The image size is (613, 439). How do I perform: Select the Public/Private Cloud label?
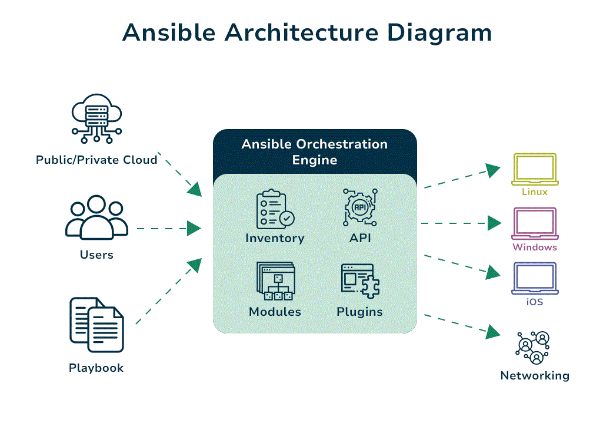pyautogui.click(x=96, y=160)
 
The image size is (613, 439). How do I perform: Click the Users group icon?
pyautogui.click(x=96, y=217)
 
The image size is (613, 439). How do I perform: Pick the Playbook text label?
pyautogui.click(x=96, y=368)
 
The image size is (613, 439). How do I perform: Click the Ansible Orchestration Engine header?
pyautogui.click(x=315, y=152)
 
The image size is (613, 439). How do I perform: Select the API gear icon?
pyautogui.click(x=360, y=209)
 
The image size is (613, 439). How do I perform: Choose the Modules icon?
pyautogui.click(x=275, y=282)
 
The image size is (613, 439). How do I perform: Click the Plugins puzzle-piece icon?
pyautogui.click(x=360, y=281)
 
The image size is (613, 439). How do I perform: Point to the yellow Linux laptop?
pyautogui.click(x=535, y=169)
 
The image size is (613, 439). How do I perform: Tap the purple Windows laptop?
pyautogui.click(x=535, y=223)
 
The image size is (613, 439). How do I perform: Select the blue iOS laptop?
pyautogui.click(x=535, y=278)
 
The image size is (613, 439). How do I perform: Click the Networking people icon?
pyautogui.click(x=535, y=348)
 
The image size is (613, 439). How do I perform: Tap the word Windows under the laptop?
pyautogui.click(x=535, y=247)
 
